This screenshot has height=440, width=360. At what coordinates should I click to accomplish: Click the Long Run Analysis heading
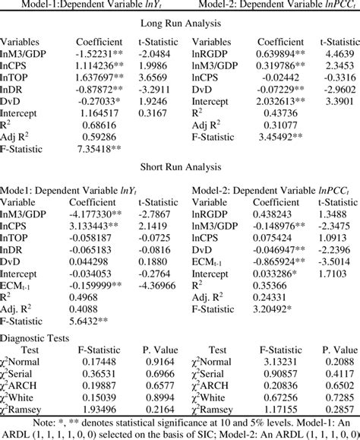pyautogui.click(x=180, y=23)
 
